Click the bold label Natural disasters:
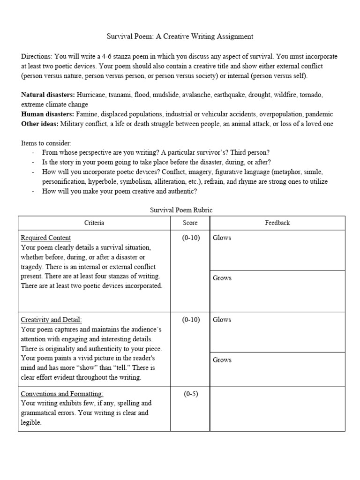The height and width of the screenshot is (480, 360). click(x=48, y=95)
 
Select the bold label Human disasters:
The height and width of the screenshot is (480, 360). click(x=47, y=114)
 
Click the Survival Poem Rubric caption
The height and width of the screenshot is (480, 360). click(x=181, y=210)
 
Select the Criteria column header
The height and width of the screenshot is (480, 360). click(x=94, y=223)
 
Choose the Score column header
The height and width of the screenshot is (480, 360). click(x=190, y=223)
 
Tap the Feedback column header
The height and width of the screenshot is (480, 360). click(x=277, y=223)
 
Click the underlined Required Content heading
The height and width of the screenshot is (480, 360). click(x=46, y=238)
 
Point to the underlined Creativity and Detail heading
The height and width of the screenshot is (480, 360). click(x=52, y=320)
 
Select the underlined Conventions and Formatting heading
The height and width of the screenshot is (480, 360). click(x=62, y=394)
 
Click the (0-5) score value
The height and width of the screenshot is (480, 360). click(x=190, y=394)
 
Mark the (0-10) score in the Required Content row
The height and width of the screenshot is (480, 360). click(x=190, y=238)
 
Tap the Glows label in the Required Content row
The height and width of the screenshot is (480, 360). click(x=222, y=238)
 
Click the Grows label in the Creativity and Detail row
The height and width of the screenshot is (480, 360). click(x=222, y=360)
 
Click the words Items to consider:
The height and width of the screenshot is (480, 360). click(x=46, y=143)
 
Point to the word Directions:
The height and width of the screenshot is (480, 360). click(x=37, y=56)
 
